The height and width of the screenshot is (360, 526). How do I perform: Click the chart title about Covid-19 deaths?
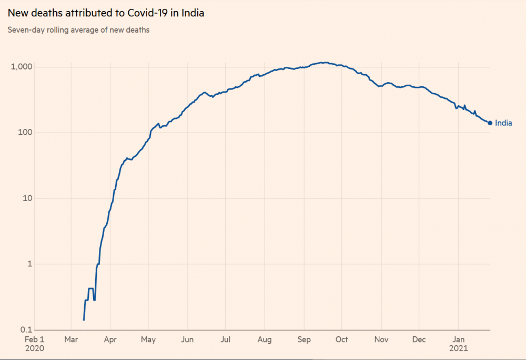point(106,13)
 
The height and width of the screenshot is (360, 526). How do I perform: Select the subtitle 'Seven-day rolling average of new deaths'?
point(78,30)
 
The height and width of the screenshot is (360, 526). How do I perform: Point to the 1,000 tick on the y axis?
point(23,67)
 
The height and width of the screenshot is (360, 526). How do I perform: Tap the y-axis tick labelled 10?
point(27,198)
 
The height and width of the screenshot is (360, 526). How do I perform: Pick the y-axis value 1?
point(29,264)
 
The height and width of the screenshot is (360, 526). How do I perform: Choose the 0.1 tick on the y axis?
point(27,329)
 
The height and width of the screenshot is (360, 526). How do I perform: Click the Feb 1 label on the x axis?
point(35,339)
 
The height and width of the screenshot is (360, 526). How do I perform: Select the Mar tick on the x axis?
point(71,339)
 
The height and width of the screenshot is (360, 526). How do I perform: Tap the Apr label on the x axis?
point(110,339)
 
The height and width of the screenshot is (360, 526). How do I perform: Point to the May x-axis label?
point(148,339)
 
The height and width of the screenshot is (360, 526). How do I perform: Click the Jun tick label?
point(187,339)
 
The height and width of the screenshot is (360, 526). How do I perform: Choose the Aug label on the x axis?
point(265,339)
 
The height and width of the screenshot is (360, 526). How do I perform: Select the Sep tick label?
point(304,339)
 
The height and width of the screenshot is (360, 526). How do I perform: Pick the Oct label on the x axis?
point(342,339)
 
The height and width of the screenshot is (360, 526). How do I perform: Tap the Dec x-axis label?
point(419,339)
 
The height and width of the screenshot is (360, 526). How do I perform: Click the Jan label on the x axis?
point(459,339)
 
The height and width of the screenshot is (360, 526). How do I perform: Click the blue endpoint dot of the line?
point(490,123)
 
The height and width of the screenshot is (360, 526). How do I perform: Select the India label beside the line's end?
point(503,123)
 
